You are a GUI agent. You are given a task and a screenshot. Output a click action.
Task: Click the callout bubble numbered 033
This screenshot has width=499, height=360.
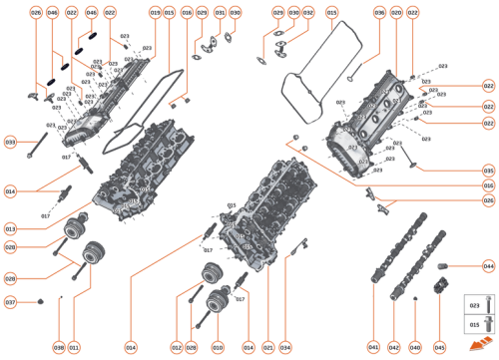[10, 143]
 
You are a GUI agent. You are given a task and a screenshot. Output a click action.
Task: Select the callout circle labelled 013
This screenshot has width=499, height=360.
[10, 227]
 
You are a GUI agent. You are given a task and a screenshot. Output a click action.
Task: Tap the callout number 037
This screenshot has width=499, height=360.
[10, 302]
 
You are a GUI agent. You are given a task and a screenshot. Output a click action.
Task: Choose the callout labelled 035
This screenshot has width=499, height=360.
[488, 171]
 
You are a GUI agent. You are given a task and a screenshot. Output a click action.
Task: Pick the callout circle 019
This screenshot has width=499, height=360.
[155, 12]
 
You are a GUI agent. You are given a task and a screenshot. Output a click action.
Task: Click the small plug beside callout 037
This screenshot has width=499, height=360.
[39, 301]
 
